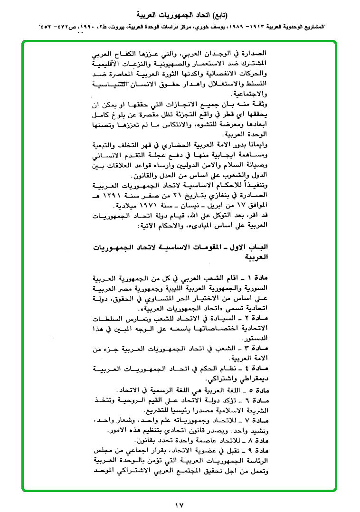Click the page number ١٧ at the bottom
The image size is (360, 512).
[x=180, y=502]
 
